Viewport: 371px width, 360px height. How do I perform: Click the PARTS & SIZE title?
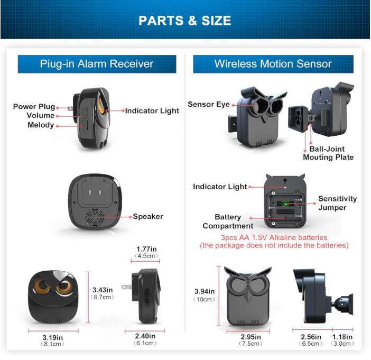[x=185, y=21]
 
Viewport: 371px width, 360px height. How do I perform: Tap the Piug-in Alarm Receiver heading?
[x=97, y=64]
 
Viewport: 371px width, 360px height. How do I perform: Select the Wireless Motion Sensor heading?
[x=273, y=64]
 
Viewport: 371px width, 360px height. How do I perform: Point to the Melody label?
[x=41, y=125]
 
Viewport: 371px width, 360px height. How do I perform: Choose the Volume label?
[x=41, y=116]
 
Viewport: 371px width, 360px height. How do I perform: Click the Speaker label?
[x=148, y=216]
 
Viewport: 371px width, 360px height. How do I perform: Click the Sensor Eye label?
[x=209, y=104]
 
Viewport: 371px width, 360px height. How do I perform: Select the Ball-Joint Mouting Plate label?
[x=328, y=153]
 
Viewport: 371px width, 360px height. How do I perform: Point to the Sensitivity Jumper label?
[x=337, y=203]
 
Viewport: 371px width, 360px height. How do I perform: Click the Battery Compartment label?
[x=228, y=221]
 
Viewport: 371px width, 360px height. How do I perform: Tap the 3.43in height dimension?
[x=103, y=290]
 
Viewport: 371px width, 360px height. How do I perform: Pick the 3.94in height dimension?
[x=205, y=291]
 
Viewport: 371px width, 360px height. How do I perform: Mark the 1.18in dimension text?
[x=343, y=337]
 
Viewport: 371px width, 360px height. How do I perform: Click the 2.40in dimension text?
[x=145, y=336]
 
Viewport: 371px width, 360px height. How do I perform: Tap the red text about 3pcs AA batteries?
[x=274, y=238]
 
